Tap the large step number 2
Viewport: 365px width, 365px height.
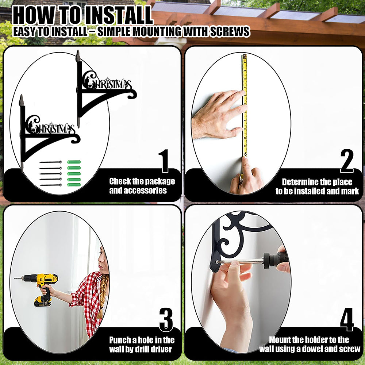pos(347,161)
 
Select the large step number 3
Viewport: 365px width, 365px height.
pos(166,319)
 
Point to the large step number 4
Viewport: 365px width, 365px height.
pos(347,319)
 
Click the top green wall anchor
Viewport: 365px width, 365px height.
pos(74,162)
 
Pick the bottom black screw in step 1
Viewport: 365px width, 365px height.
pos(50,185)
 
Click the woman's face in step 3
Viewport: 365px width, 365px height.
pos(103,258)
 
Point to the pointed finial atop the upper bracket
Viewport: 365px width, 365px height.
pos(78,56)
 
